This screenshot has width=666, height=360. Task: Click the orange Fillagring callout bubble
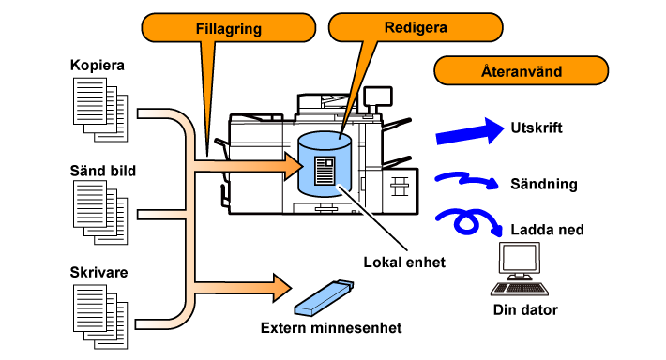[x=229, y=28]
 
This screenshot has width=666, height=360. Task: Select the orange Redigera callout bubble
[x=416, y=27]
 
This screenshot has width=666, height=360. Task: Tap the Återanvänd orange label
[x=522, y=70]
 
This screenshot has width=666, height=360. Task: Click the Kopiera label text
[x=98, y=65]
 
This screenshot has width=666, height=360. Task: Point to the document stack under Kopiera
[x=100, y=110]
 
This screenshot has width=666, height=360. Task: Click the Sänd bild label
[x=103, y=171]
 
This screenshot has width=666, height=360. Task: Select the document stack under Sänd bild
[x=100, y=212]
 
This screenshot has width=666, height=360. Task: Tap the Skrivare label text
[x=98, y=272]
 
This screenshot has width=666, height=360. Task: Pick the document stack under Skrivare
[x=100, y=317]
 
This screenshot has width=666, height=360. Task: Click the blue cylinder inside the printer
[x=325, y=164]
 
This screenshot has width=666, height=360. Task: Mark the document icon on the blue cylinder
[x=325, y=171]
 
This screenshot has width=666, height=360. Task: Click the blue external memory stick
[x=324, y=298]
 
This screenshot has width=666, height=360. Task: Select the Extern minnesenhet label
[x=331, y=328]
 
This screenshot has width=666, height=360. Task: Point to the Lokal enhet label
[x=404, y=262]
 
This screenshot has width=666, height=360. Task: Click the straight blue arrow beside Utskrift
[x=470, y=131]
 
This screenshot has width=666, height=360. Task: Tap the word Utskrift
[x=537, y=127]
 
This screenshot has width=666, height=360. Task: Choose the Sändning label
[x=544, y=184]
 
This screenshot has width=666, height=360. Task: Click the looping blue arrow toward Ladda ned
[x=466, y=221]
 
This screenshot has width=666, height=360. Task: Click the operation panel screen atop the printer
[x=378, y=96]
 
